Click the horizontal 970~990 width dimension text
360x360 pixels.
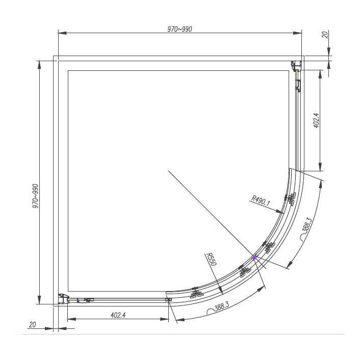point(179,29)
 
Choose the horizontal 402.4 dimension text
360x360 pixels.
point(118,315)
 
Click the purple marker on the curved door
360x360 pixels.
point(255,257)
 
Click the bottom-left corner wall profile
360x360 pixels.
point(63,299)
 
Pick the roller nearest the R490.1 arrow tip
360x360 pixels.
point(291,198)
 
